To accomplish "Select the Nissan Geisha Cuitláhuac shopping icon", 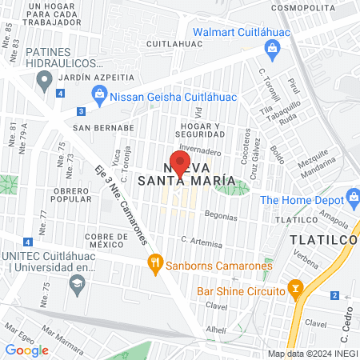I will (99, 97).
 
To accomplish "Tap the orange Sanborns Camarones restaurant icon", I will (154, 263).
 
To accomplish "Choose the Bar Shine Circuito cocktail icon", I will (295, 286).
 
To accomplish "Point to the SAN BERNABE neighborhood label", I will (103, 127).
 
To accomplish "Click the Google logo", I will (27, 350).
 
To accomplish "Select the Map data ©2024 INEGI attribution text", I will (312, 354).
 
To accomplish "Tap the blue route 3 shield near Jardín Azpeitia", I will (81, 112).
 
